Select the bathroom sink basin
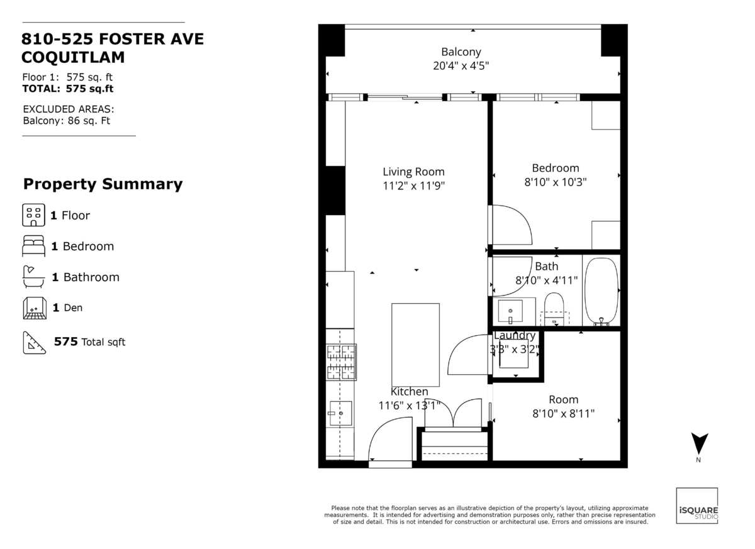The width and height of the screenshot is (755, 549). [510, 311]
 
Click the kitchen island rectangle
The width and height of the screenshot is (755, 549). [415, 345]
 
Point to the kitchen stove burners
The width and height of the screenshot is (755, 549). [341, 362]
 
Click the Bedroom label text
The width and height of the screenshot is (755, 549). [556, 168]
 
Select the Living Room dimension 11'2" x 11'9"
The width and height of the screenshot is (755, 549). [413, 186]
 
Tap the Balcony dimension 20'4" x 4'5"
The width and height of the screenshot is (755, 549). [461, 65]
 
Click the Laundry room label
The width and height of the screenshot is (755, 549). [515, 335]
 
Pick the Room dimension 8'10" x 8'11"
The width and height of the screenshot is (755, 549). [563, 413]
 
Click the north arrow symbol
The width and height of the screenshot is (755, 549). [700, 443]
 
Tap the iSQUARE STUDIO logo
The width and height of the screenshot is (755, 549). [696, 506]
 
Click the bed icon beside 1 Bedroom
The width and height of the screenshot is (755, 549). [34, 246]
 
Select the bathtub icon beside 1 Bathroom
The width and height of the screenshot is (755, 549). [33, 277]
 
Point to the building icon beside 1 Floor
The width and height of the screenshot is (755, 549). [34, 215]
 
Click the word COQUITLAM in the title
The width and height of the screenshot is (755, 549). [73, 57]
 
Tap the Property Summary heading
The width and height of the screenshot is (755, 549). [103, 184]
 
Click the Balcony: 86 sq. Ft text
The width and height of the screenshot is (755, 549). [67, 121]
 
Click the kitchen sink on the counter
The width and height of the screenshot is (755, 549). [340, 413]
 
